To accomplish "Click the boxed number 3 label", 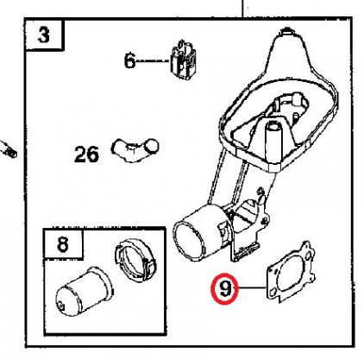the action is [x=44, y=35].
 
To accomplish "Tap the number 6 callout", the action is [x=129, y=60].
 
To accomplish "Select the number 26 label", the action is [x=86, y=154].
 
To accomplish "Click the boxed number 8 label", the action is [x=63, y=244].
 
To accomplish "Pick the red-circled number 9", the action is [x=225, y=288].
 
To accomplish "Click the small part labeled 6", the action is [x=183, y=60].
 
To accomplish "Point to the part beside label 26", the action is [x=135, y=149].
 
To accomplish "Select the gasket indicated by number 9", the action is [x=290, y=272].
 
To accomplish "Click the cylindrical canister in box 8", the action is [x=84, y=291].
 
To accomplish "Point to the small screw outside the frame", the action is [x=9, y=149].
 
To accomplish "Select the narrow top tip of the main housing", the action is [x=287, y=31].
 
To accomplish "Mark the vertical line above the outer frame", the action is [x=242, y=9].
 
